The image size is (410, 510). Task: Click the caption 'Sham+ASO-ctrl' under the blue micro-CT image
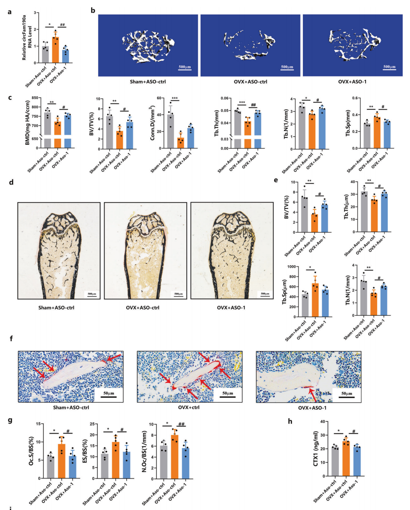(145, 82)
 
